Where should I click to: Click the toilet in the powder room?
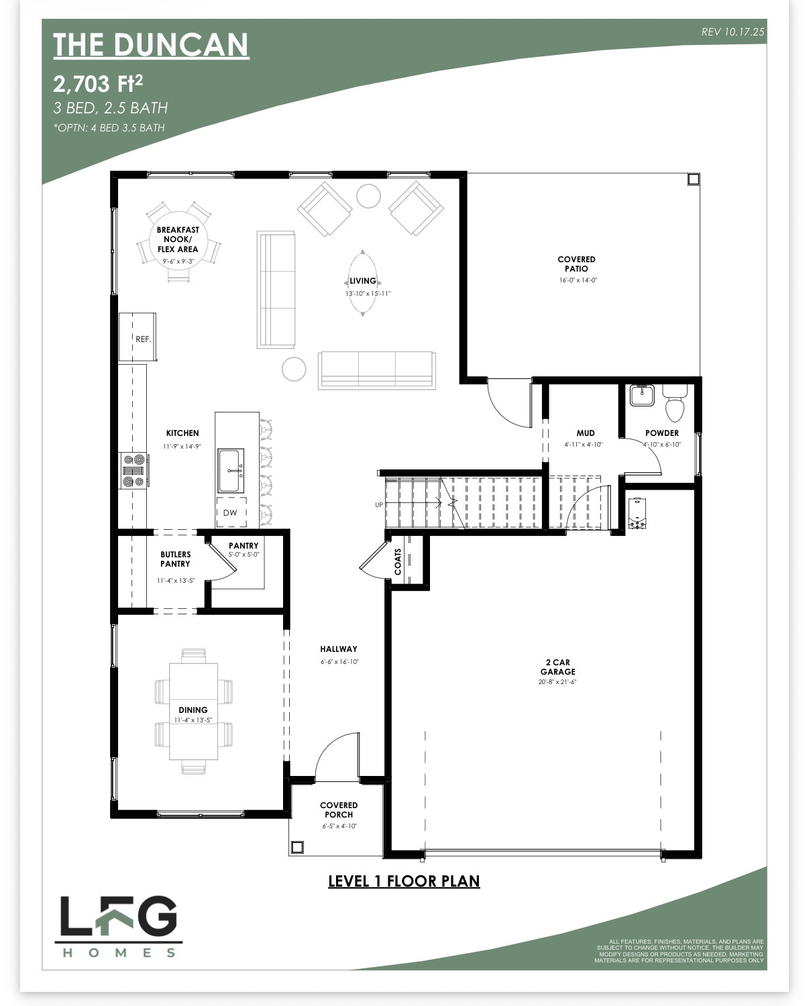point(674,404)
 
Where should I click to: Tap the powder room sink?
point(641,395)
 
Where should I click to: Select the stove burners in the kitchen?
point(133,470)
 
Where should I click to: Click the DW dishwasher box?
point(231,513)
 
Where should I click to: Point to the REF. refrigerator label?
point(143,339)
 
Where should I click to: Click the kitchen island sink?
point(231,471)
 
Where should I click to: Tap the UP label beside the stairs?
point(379,505)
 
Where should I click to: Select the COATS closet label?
point(398,561)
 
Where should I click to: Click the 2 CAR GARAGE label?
point(557,667)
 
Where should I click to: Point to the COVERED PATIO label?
point(577,264)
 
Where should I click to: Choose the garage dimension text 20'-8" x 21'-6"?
point(557,682)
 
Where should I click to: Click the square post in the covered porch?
point(297,847)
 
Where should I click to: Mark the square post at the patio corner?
point(694,180)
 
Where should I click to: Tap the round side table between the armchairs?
point(368,196)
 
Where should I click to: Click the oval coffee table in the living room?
point(362,283)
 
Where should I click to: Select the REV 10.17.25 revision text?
point(733,32)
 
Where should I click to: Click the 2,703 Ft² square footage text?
point(98,84)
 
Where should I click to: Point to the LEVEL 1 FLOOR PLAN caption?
point(404,881)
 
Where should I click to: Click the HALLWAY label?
point(339,649)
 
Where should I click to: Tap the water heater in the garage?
point(637,514)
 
